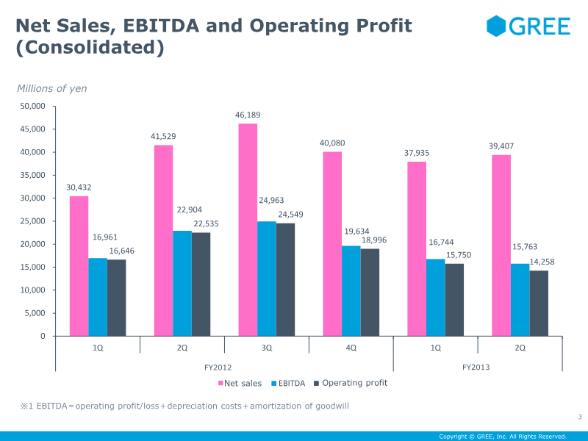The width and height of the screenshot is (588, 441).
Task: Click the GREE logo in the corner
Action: click(x=528, y=26)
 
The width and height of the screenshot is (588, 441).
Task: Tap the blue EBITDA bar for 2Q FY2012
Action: click(x=182, y=283)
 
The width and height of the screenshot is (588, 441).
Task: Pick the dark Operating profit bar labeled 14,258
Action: click(x=539, y=303)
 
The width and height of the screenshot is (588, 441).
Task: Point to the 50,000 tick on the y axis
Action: click(x=31, y=106)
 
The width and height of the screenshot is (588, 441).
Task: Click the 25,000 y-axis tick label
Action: click(x=31, y=221)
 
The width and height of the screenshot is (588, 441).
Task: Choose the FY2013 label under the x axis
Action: click(x=476, y=366)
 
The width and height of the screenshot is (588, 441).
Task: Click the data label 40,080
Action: click(x=332, y=143)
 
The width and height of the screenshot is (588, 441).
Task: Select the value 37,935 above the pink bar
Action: click(x=417, y=153)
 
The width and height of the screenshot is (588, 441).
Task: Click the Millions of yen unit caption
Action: click(x=52, y=88)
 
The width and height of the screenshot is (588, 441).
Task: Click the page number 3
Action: click(x=579, y=418)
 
